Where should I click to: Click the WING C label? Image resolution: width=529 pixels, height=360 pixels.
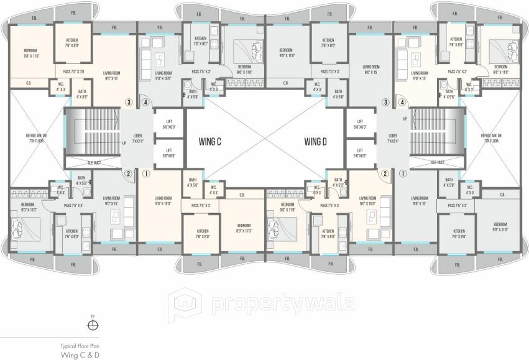point(210,141)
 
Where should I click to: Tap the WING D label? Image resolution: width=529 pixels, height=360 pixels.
point(316,141)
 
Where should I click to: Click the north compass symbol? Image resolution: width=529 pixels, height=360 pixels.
point(92,324)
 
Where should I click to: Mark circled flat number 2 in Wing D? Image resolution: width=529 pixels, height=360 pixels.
point(385,174)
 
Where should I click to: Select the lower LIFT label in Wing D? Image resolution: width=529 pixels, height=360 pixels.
point(360,152)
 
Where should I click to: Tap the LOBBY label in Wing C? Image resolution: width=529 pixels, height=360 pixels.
point(138,137)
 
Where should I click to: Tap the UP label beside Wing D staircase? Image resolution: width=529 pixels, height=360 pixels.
point(405,118)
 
